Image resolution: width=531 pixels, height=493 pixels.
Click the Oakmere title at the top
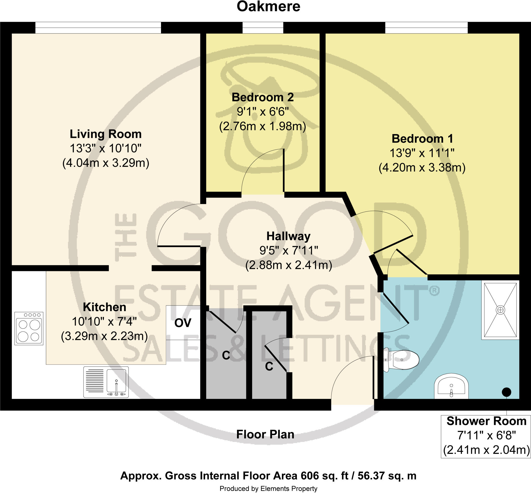tap(268, 7)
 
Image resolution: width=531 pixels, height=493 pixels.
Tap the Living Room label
tap(106, 134)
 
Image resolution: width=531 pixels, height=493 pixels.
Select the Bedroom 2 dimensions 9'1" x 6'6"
tap(263, 112)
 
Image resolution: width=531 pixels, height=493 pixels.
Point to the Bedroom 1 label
tap(422, 139)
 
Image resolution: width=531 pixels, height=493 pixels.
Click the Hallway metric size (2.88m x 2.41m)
tap(289, 266)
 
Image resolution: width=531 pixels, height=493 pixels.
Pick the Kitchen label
tap(104, 307)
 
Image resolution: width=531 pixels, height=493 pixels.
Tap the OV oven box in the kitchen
tap(183, 323)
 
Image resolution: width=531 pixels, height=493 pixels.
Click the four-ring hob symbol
tap(29, 329)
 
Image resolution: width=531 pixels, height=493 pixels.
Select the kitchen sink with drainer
tap(106, 382)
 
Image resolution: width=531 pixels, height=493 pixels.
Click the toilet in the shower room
tap(402, 360)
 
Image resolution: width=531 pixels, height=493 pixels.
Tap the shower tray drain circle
tap(500, 310)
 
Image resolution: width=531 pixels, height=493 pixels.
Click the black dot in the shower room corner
tap(506, 392)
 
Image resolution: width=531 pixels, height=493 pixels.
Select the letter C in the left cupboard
tap(226, 355)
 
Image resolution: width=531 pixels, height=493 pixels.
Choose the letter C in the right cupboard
tap(269, 367)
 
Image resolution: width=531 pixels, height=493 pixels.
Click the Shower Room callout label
tap(486, 421)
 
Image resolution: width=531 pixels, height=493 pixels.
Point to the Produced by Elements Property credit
tap(268, 489)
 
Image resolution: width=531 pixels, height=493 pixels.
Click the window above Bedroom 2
tap(263, 28)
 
